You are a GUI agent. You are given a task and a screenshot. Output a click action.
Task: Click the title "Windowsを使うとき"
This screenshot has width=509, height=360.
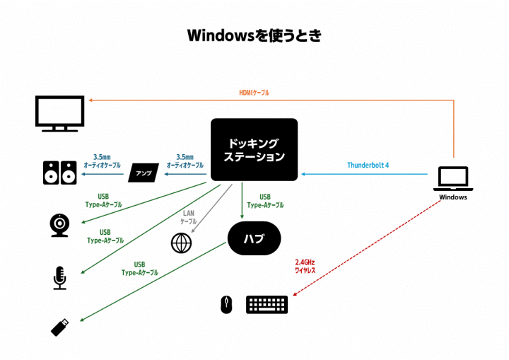click(254, 35)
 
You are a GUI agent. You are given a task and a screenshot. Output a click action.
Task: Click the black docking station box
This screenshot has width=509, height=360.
click(254, 149)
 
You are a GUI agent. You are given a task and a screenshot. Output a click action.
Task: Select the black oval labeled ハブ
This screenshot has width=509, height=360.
click(254, 238)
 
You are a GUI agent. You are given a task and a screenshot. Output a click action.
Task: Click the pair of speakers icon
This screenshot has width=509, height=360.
click(60, 173)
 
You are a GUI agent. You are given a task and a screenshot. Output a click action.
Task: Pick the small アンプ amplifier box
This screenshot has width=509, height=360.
click(144, 173)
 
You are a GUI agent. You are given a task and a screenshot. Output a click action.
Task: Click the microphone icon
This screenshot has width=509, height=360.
click(60, 277)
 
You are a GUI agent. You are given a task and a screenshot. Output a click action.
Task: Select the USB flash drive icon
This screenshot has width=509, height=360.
click(60, 326)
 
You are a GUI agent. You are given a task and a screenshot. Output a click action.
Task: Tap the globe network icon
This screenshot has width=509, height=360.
click(182, 243)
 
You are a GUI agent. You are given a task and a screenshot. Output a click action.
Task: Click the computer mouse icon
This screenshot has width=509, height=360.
click(226, 305)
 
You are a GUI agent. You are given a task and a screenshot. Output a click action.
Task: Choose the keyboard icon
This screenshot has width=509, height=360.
click(267, 305)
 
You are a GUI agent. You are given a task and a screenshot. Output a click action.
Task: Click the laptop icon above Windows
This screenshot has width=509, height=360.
click(452, 178)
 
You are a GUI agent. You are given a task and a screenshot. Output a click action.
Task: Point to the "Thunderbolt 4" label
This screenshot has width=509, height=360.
click(368, 166)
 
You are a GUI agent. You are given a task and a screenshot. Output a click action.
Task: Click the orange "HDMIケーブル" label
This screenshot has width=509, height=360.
click(254, 93)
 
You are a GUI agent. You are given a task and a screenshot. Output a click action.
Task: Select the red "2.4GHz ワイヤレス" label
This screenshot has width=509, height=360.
click(305, 266)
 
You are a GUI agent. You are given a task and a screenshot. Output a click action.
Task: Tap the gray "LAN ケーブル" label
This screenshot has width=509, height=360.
click(188, 217)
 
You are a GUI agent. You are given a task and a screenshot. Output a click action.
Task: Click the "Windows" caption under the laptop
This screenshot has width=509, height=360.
click(452, 197)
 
